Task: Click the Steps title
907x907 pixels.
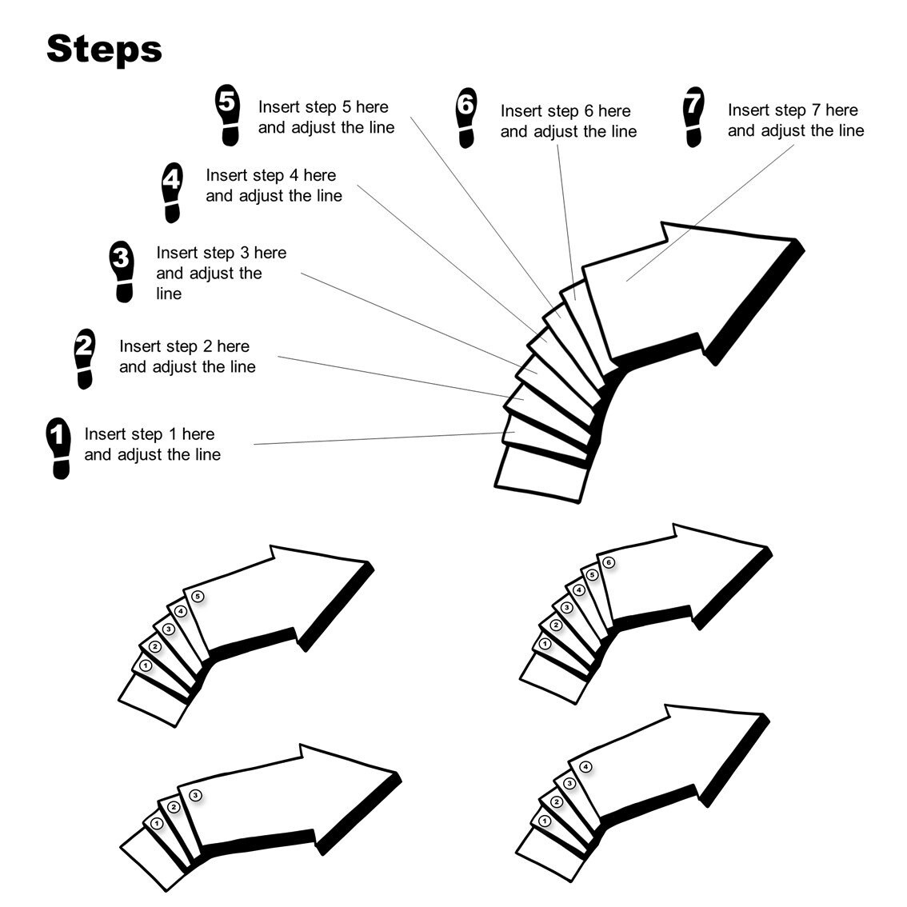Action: [x=104, y=50]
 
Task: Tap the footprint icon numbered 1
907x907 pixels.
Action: [x=58, y=447]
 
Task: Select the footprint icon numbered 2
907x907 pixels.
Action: [x=83, y=358]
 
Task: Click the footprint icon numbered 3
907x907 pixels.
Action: [x=122, y=273]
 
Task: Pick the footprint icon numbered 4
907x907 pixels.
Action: [x=171, y=191]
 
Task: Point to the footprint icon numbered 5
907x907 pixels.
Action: [x=228, y=115]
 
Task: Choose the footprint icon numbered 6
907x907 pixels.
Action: [x=465, y=118]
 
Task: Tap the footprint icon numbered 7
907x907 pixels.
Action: [x=693, y=118]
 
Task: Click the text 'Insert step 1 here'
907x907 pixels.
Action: [x=150, y=434]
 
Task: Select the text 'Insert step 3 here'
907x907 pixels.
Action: [x=221, y=253]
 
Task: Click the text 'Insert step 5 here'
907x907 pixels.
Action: [x=323, y=107]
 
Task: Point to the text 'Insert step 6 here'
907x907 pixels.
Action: [x=565, y=111]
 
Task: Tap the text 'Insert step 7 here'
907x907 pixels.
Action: [x=793, y=110]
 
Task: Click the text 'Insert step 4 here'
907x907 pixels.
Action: [x=270, y=175]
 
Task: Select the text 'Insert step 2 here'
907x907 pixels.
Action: [x=184, y=346]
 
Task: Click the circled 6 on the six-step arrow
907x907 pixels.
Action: [x=609, y=563]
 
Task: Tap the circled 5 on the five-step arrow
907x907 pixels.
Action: [x=198, y=596]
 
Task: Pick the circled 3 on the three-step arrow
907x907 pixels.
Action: [x=195, y=795]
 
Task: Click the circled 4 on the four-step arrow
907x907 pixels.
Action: [x=585, y=767]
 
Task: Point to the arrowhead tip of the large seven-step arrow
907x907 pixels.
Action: [x=794, y=241]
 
